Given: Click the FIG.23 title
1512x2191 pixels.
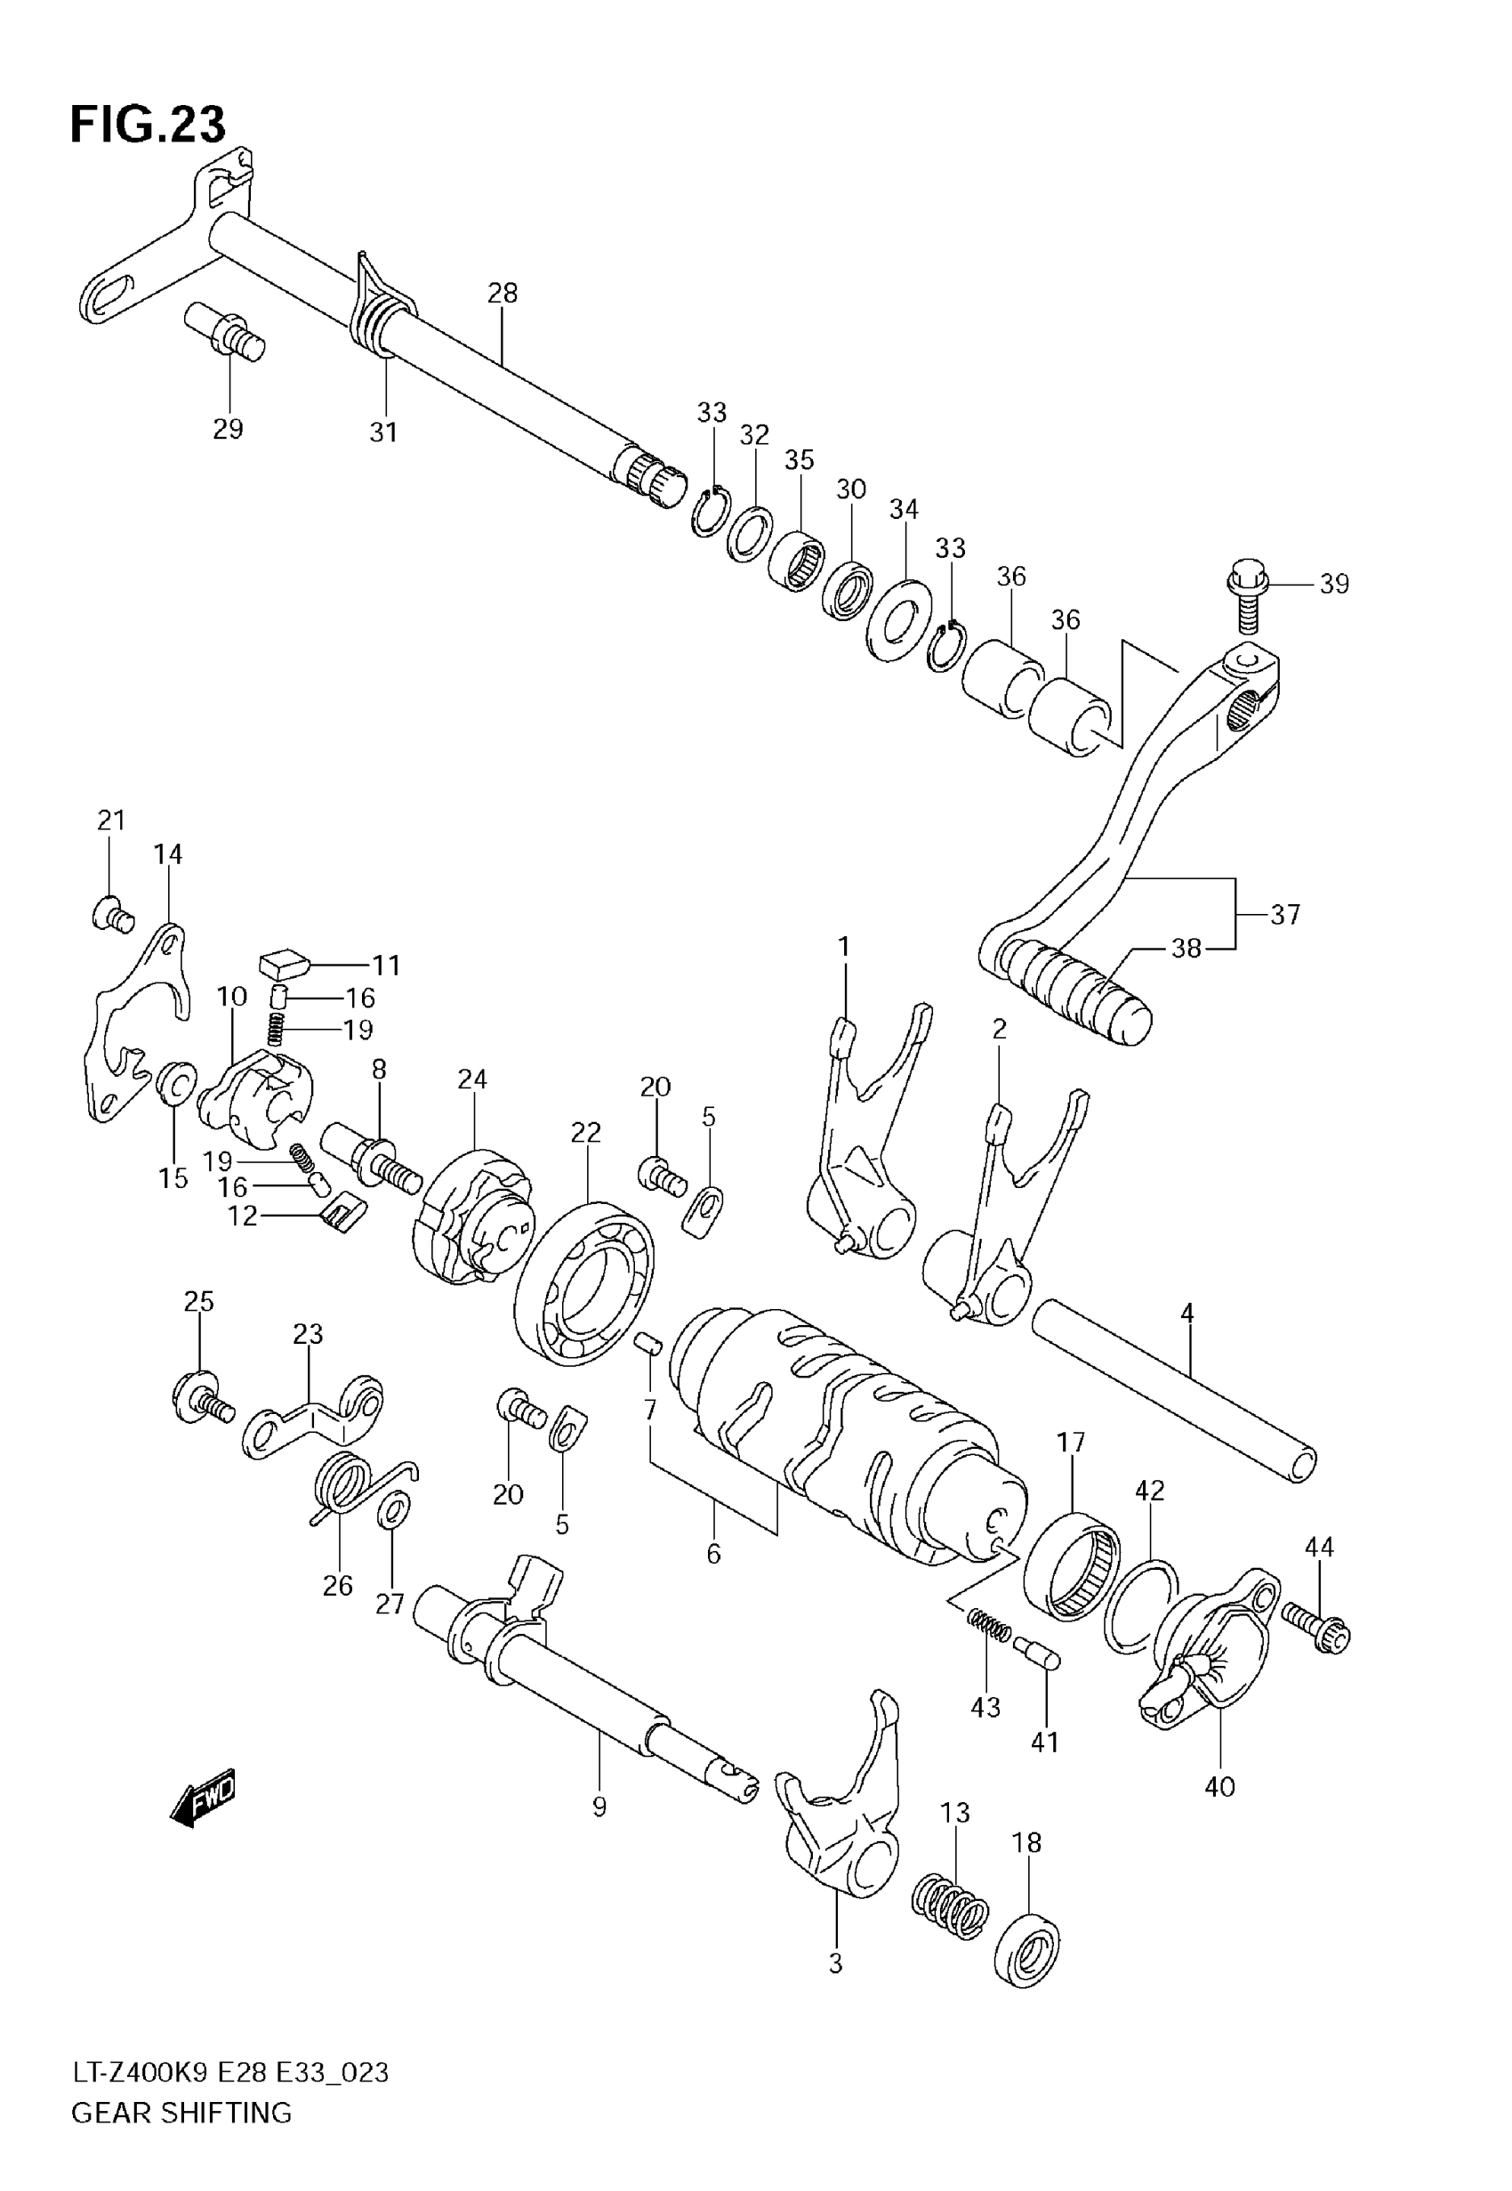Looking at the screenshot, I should [x=148, y=124].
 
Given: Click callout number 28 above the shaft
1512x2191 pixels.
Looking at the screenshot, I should [x=503, y=293].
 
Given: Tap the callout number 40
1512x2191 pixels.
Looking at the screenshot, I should [x=1219, y=1786].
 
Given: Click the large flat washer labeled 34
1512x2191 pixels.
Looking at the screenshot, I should [x=899, y=619].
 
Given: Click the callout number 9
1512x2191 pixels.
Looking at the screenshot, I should [x=599, y=1807].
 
